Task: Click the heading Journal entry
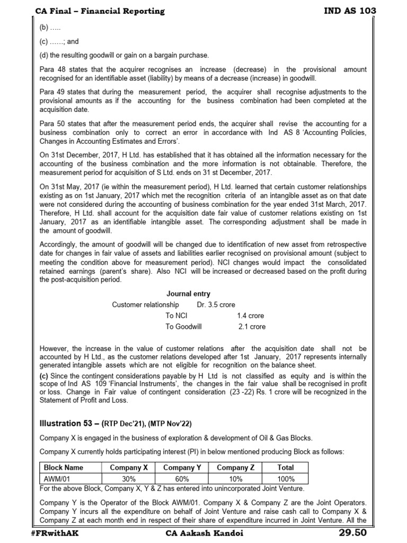tap(188, 294)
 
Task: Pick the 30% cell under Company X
tap(129, 478)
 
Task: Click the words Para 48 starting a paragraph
tap(52, 69)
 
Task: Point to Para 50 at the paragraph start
tap(52, 124)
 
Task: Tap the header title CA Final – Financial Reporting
tap(100, 11)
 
